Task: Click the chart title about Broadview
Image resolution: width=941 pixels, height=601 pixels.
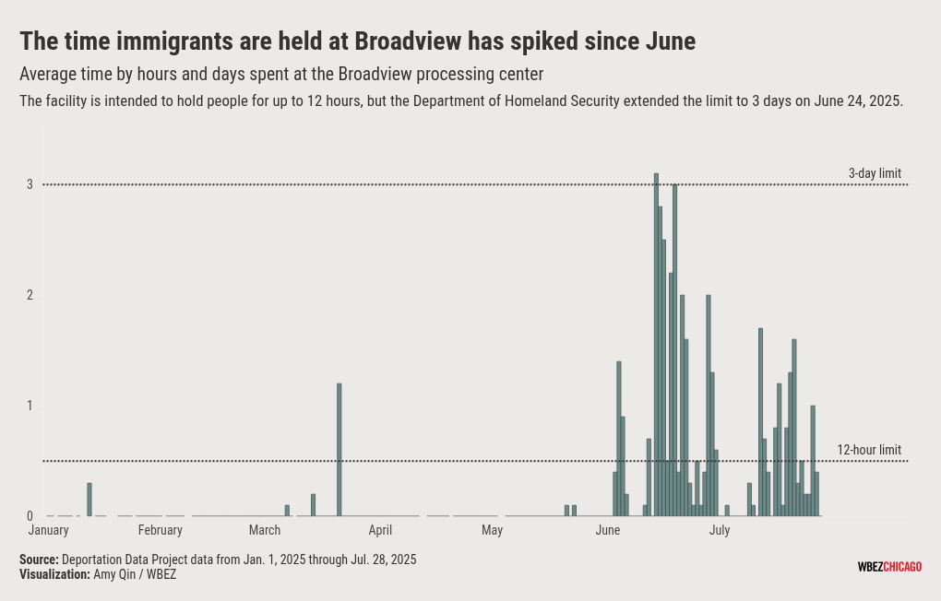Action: (x=357, y=41)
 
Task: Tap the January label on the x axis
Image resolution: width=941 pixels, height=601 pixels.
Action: (x=49, y=530)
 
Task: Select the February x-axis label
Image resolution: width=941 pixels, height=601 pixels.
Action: (x=161, y=530)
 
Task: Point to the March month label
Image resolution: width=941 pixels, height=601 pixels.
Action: (x=265, y=530)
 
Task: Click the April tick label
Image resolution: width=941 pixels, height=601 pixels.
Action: (x=380, y=530)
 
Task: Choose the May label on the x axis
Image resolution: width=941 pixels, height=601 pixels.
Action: (x=492, y=530)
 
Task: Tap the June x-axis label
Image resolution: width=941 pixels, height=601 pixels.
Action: (x=608, y=530)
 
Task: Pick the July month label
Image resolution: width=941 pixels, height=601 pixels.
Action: (x=720, y=530)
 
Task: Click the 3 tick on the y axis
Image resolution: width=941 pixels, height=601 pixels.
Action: (x=30, y=184)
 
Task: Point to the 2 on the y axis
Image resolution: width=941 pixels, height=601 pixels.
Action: (x=30, y=295)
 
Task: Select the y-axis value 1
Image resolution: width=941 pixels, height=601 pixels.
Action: (x=30, y=406)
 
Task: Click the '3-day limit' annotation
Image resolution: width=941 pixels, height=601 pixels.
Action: (x=875, y=173)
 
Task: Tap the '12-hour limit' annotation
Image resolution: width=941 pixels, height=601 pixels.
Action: (x=869, y=450)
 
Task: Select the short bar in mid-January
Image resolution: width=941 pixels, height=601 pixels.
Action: (x=89, y=500)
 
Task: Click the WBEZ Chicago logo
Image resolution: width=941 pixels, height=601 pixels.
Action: (x=889, y=567)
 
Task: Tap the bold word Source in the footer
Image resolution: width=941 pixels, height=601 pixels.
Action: (x=39, y=560)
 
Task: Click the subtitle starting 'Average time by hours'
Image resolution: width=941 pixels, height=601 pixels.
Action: (x=281, y=74)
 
